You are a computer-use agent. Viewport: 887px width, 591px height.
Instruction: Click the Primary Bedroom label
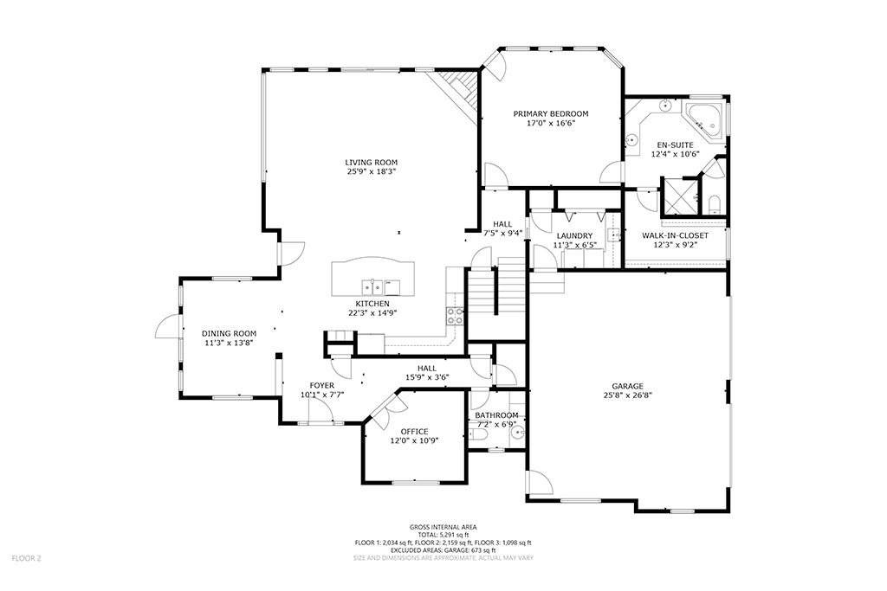[550, 113]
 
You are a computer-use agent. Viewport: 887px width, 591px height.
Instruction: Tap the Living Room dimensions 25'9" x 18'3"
[371, 171]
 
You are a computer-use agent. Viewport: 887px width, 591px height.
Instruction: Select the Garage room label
[627, 387]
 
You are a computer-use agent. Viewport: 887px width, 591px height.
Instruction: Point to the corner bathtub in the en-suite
[705, 121]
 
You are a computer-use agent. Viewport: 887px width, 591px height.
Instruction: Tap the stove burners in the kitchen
[455, 316]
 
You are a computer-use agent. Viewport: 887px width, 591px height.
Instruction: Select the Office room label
[415, 432]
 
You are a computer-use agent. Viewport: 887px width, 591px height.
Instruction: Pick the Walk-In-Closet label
[675, 235]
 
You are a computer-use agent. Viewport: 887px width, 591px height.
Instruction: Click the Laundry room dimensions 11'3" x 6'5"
[575, 245]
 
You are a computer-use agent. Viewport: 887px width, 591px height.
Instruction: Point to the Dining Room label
[229, 333]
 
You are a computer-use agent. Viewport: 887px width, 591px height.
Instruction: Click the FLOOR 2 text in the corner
[27, 559]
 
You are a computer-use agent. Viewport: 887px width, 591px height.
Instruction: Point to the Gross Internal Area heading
[443, 527]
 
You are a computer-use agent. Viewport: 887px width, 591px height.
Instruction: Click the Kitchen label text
[372, 304]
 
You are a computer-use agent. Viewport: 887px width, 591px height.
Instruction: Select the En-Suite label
[675, 145]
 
